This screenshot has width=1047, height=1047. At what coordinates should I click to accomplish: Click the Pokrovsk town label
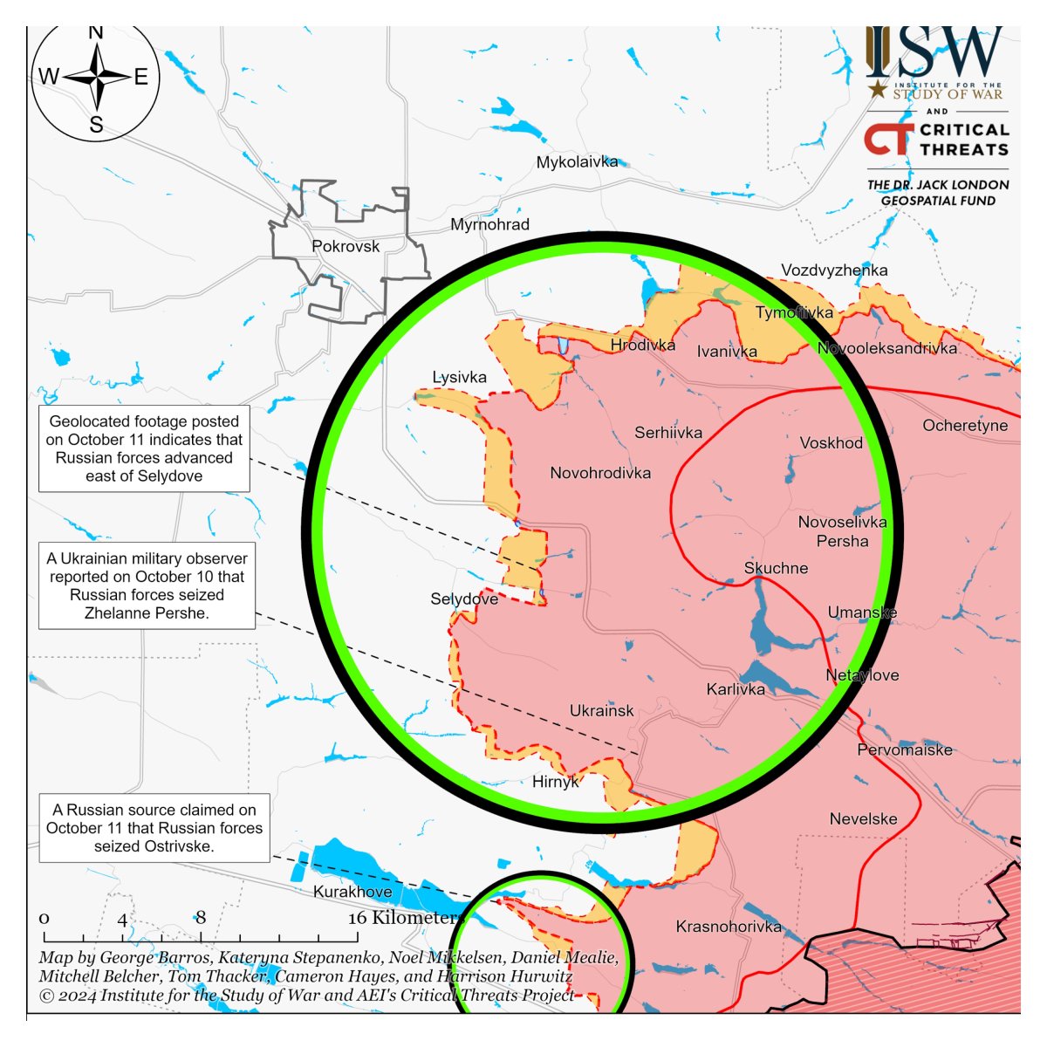click(x=346, y=247)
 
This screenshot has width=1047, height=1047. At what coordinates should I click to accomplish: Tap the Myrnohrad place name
click(x=489, y=225)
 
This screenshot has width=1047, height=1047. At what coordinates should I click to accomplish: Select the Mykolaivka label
click(x=577, y=162)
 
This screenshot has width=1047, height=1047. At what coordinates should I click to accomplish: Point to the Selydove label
click(x=464, y=599)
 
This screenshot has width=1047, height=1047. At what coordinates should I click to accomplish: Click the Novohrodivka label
click(x=600, y=473)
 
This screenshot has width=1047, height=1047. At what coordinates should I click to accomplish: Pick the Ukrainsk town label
click(x=602, y=711)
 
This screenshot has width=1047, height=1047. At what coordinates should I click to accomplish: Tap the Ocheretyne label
click(x=965, y=426)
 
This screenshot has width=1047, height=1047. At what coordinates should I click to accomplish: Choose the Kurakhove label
click(x=352, y=892)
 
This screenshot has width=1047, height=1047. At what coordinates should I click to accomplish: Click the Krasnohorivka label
click(x=729, y=927)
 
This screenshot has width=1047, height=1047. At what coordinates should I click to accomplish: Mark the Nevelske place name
click(x=863, y=819)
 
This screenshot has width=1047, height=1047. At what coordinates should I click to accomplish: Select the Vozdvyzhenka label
click(x=834, y=270)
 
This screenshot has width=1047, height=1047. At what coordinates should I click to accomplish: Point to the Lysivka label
click(x=460, y=378)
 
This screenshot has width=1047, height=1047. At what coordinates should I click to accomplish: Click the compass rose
click(x=96, y=79)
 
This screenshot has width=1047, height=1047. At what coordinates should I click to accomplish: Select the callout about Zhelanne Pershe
click(x=147, y=585)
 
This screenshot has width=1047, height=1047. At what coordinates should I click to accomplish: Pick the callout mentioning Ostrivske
click(x=154, y=828)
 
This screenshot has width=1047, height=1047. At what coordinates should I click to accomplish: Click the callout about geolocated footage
click(x=144, y=448)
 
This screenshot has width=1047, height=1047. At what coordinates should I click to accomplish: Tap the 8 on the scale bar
click(x=201, y=917)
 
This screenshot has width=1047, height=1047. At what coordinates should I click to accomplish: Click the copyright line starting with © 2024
click(x=306, y=996)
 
